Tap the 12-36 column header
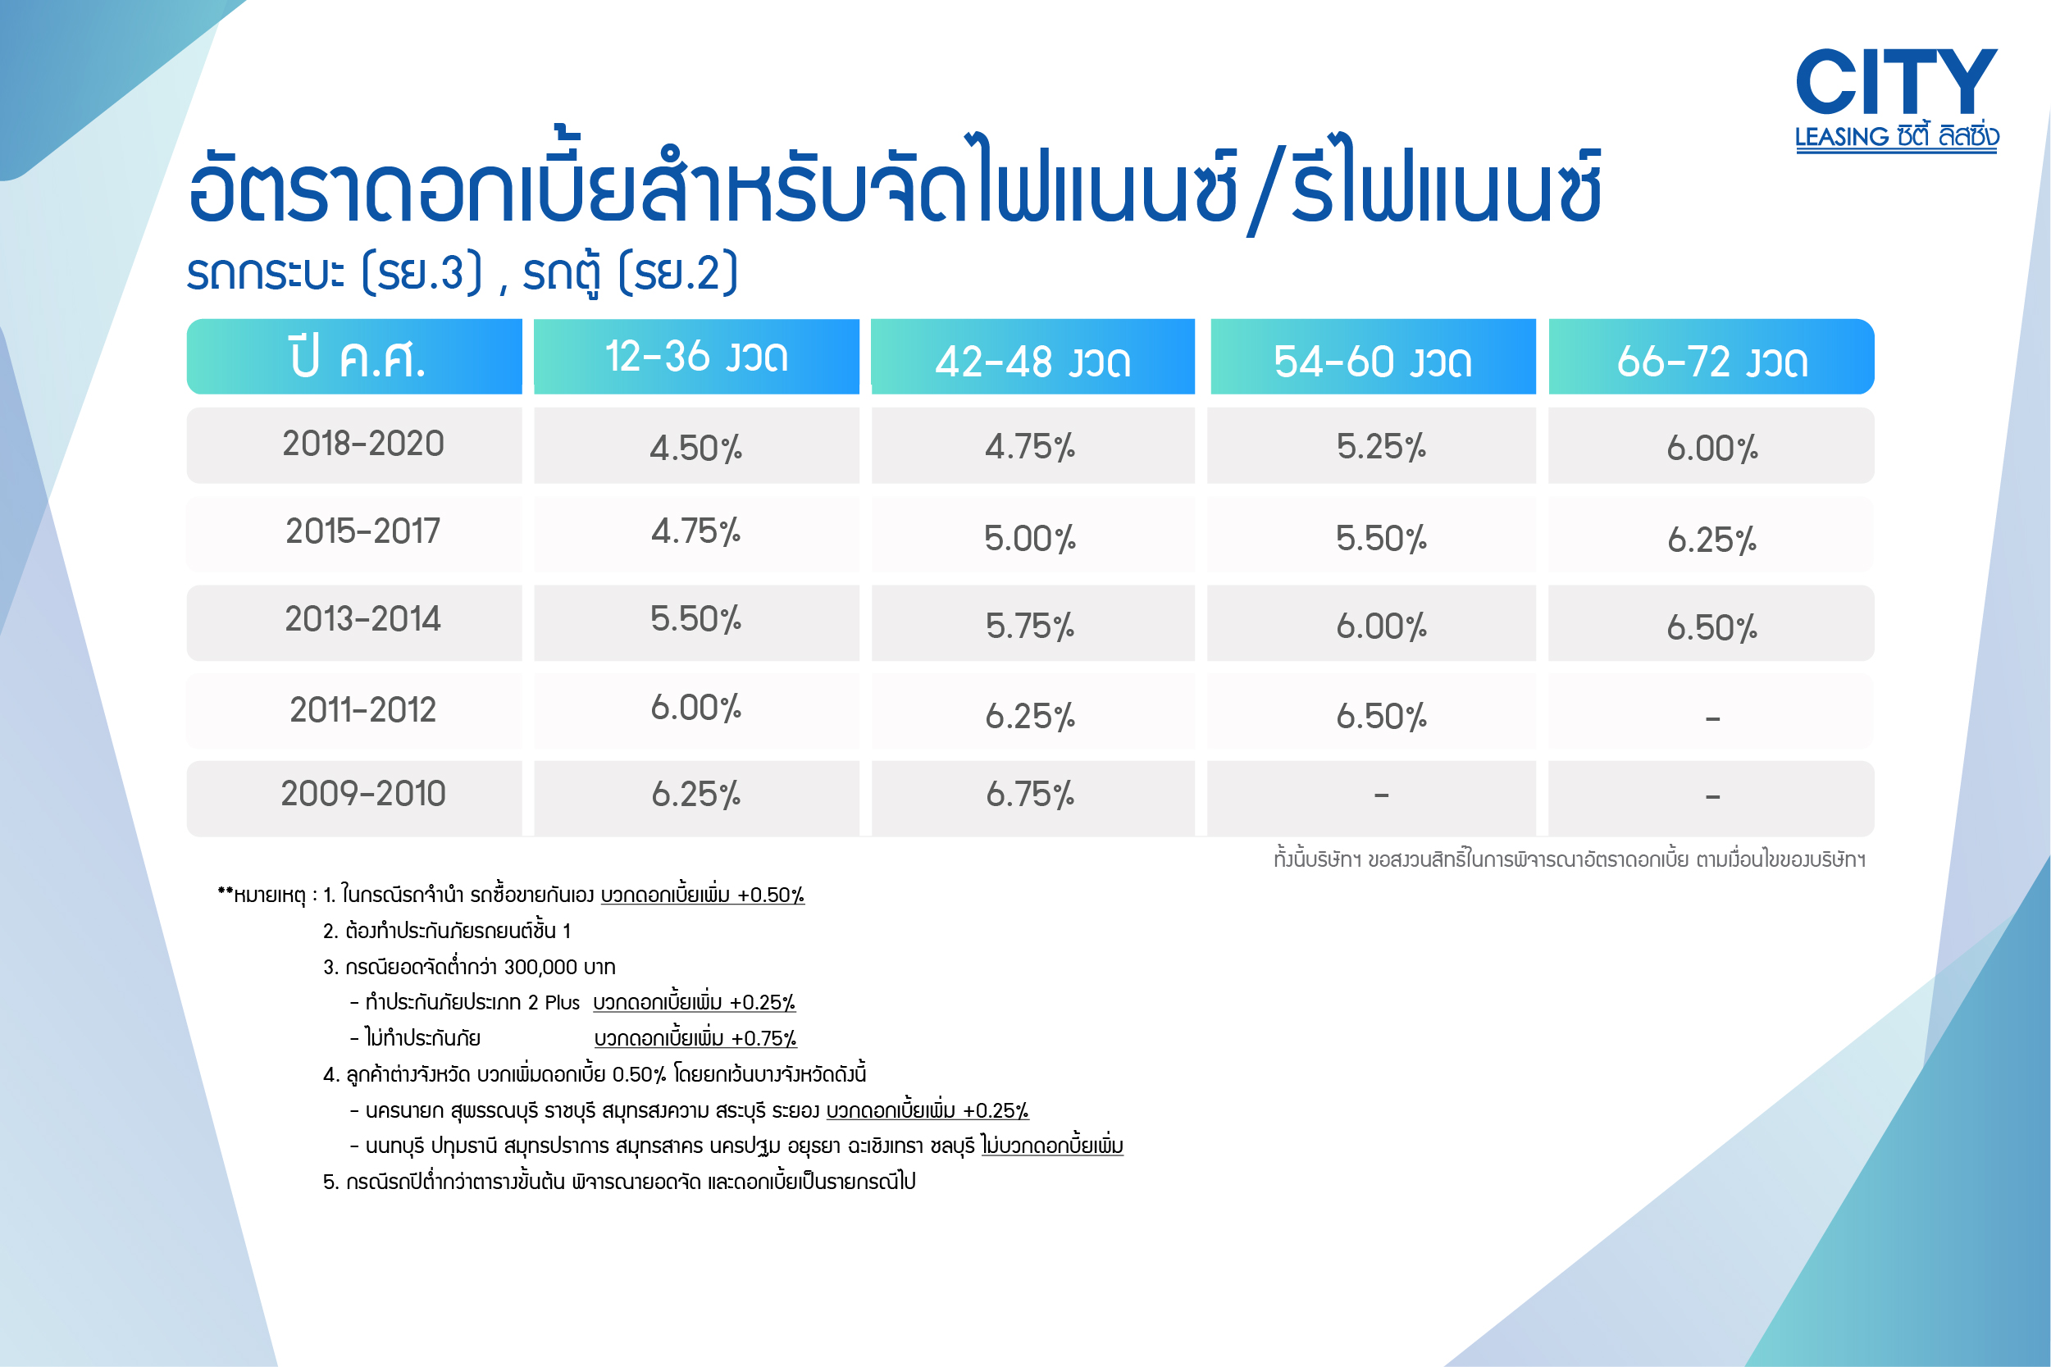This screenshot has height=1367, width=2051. pos(696,357)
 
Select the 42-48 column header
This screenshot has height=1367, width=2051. pos(1033,357)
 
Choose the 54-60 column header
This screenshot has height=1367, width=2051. pos(1373,357)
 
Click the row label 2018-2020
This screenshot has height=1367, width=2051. pos(362,444)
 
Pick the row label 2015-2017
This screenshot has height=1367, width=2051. pos(362,531)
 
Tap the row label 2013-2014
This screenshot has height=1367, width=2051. pos(362,619)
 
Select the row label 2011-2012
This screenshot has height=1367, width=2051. pos(362,709)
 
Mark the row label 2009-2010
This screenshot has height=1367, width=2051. pos(362,793)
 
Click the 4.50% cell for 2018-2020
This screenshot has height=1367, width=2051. pos(695,448)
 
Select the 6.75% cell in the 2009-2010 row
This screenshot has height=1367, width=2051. pos(1030,795)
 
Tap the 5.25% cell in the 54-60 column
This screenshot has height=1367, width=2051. pos(1382,446)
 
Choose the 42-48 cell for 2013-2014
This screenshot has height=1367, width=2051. pos(1030,626)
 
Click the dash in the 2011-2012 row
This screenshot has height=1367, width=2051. pos(1713,719)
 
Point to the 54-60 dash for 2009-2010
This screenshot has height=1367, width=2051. pos(1382,795)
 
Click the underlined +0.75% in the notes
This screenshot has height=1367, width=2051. pos(763,1038)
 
